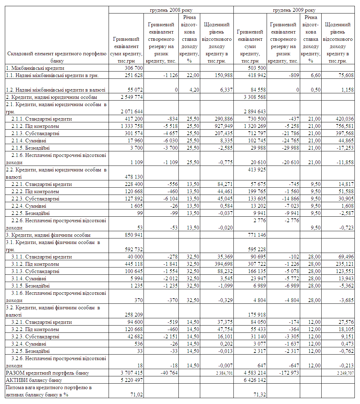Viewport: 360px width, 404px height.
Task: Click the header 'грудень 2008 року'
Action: point(171,10)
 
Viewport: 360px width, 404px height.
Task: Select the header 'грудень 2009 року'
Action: point(294,10)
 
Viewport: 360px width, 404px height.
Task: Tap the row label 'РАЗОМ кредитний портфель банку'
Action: point(47,373)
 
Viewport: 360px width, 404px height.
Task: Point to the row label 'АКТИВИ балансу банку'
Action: point(34,380)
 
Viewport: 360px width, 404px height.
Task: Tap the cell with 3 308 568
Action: point(255,97)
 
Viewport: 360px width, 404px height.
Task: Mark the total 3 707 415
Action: point(132,373)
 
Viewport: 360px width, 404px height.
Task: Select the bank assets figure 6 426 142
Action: point(255,380)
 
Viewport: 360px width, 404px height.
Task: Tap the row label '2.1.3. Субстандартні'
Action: point(35,133)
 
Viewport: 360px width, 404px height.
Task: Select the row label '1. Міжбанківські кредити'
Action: point(35,68)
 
